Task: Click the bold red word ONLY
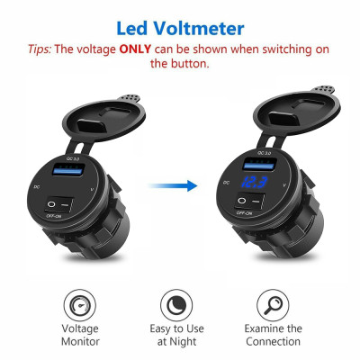pos(134,48)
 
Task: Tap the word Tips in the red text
pos(40,48)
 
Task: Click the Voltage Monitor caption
pos(80,335)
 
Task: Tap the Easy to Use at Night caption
pos(177,335)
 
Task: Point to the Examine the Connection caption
pos(273,335)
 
